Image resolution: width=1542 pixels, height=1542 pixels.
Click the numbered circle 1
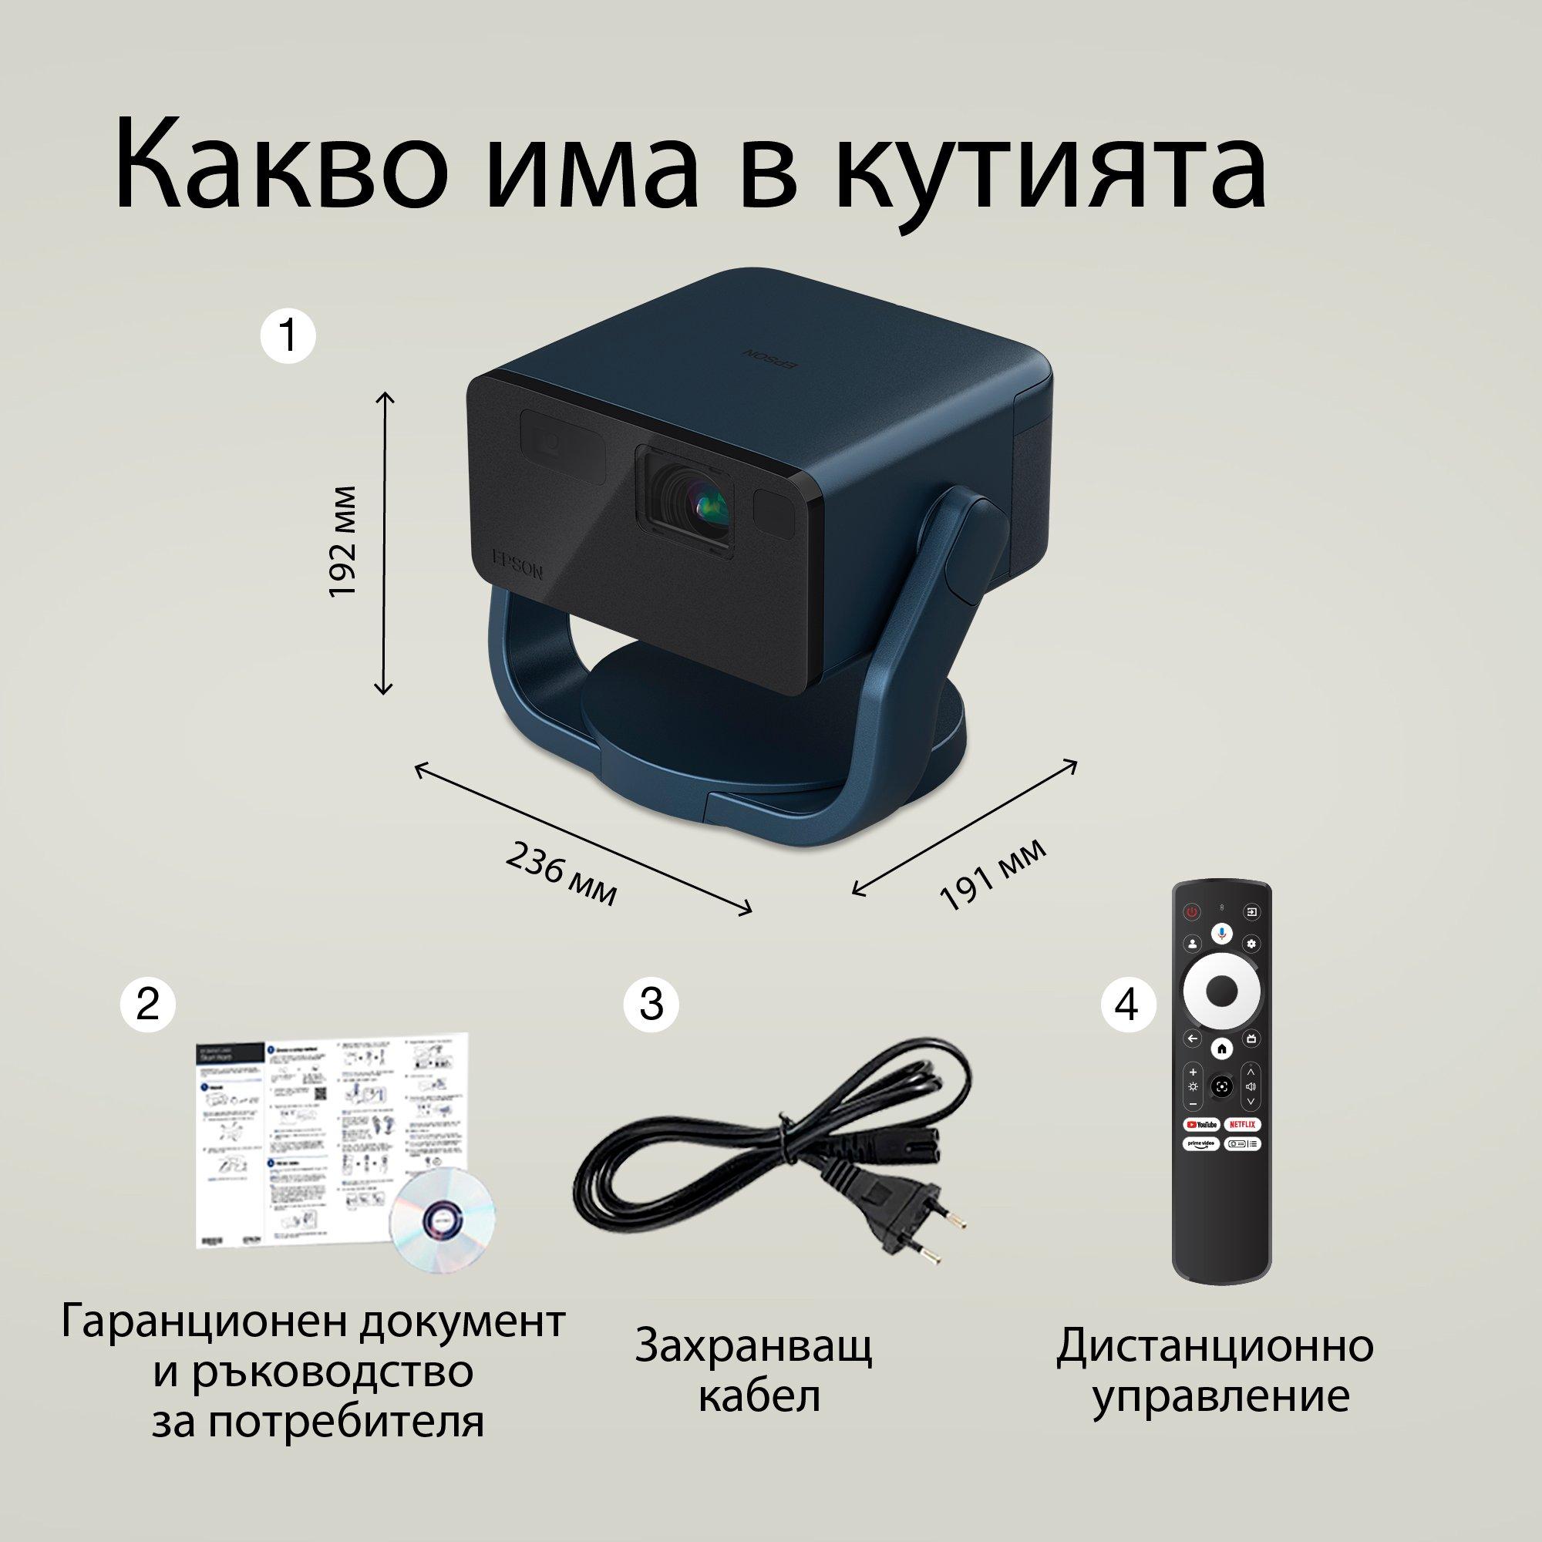289,336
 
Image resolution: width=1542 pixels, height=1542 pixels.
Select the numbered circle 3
651,1004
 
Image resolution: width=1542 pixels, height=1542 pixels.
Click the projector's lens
702,503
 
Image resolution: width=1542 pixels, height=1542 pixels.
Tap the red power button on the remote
1192,911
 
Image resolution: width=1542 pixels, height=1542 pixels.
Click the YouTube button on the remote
1201,1124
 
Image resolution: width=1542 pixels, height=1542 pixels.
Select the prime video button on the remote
1201,1143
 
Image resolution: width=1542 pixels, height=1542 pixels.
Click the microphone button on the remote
1222,934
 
